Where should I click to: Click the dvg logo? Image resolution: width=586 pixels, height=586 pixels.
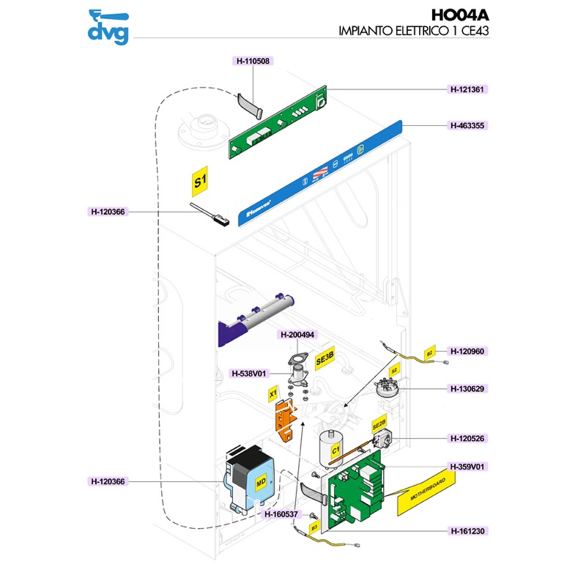point(108,27)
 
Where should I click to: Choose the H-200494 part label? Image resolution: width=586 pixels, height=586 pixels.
point(297,335)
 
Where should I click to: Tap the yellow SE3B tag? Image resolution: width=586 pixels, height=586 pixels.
point(324,359)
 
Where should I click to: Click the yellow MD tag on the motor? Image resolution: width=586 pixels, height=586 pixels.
point(260,482)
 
